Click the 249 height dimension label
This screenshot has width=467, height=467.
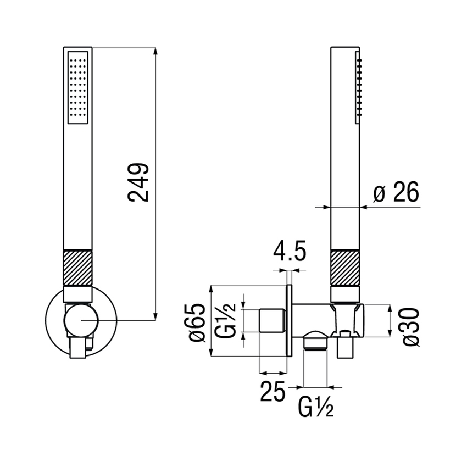[x=139, y=182]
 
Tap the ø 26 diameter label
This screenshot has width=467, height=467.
[x=396, y=193]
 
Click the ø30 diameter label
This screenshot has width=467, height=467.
[x=412, y=326]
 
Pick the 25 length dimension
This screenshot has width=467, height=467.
[x=273, y=392]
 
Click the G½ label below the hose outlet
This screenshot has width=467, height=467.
[x=316, y=407]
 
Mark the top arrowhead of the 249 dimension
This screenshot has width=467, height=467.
[x=156, y=51]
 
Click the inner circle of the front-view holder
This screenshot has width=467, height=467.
[x=80, y=320]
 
